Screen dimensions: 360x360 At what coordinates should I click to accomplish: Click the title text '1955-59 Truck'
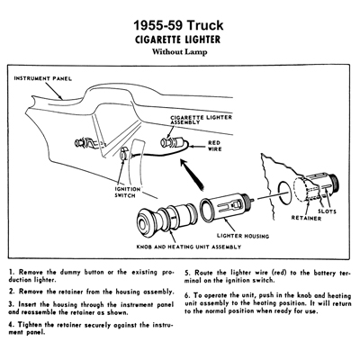[178, 25]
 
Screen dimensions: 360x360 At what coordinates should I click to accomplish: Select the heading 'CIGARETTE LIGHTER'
[178, 40]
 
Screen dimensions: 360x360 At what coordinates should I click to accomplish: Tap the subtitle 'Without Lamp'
[179, 52]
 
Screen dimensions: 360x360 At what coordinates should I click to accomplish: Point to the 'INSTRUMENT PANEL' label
[43, 78]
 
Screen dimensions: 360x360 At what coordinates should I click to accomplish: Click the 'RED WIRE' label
[215, 146]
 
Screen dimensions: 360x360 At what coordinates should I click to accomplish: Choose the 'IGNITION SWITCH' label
[128, 193]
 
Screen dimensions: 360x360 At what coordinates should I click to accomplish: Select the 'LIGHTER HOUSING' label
[243, 236]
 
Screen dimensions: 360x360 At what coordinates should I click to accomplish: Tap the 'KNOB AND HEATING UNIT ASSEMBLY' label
[189, 247]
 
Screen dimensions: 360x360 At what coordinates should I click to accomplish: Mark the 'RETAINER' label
[306, 218]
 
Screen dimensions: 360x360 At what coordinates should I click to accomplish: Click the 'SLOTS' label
[327, 211]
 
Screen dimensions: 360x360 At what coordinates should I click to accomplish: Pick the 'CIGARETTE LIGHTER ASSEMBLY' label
[201, 120]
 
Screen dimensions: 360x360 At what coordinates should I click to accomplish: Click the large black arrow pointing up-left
[193, 175]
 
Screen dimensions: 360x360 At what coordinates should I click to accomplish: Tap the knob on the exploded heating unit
[148, 220]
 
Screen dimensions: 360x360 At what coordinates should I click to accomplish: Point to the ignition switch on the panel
[124, 153]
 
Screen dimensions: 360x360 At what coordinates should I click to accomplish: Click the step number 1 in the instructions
[11, 273]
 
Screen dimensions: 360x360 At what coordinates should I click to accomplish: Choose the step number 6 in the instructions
[187, 295]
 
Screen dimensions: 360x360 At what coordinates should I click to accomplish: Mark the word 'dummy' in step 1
[71, 273]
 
